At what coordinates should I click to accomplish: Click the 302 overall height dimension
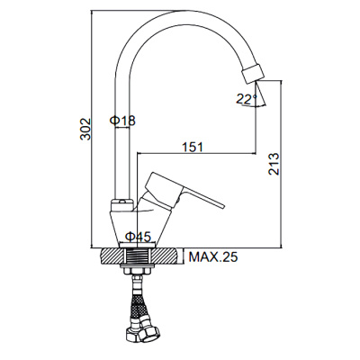click(x=83, y=133)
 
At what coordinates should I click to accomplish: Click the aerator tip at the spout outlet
click(x=256, y=71)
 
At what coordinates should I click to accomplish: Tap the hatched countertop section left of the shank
click(x=111, y=257)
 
